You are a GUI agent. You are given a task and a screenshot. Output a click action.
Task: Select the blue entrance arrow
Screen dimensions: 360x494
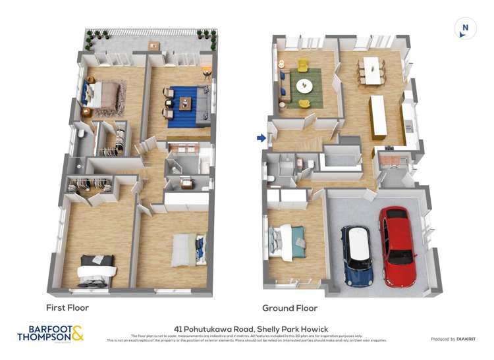point(261,138)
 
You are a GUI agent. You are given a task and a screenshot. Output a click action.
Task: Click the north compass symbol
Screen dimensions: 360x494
point(465,28)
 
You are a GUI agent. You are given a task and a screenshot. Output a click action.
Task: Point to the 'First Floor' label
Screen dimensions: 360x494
point(67,307)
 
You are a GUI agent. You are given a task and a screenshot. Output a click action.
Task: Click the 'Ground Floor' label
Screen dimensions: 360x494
point(290,308)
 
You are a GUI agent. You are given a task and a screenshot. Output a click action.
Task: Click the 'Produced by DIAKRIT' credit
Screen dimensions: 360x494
point(454,339)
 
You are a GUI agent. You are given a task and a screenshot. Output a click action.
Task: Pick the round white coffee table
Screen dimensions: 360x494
point(305,86)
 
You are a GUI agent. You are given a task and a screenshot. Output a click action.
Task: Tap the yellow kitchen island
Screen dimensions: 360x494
point(379,116)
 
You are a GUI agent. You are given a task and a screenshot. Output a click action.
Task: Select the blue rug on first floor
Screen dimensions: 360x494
point(187,105)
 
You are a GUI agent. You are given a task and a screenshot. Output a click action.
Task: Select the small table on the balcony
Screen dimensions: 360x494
point(153,45)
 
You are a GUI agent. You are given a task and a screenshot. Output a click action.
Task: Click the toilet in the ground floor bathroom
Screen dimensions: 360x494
point(271,177)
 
